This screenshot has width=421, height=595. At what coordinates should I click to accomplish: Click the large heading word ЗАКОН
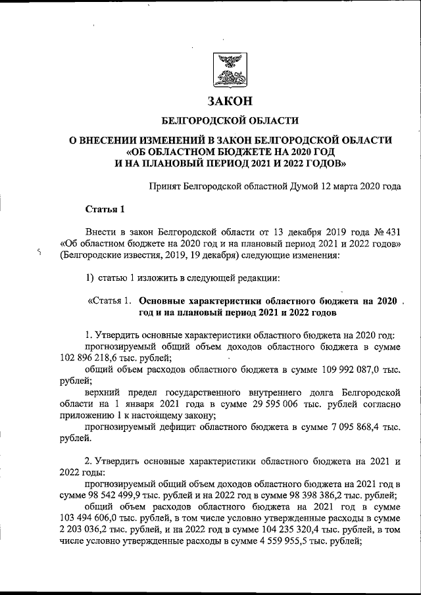[230, 101]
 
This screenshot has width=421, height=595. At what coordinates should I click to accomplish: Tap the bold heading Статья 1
[105, 210]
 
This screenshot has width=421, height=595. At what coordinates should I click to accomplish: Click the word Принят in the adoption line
[167, 186]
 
